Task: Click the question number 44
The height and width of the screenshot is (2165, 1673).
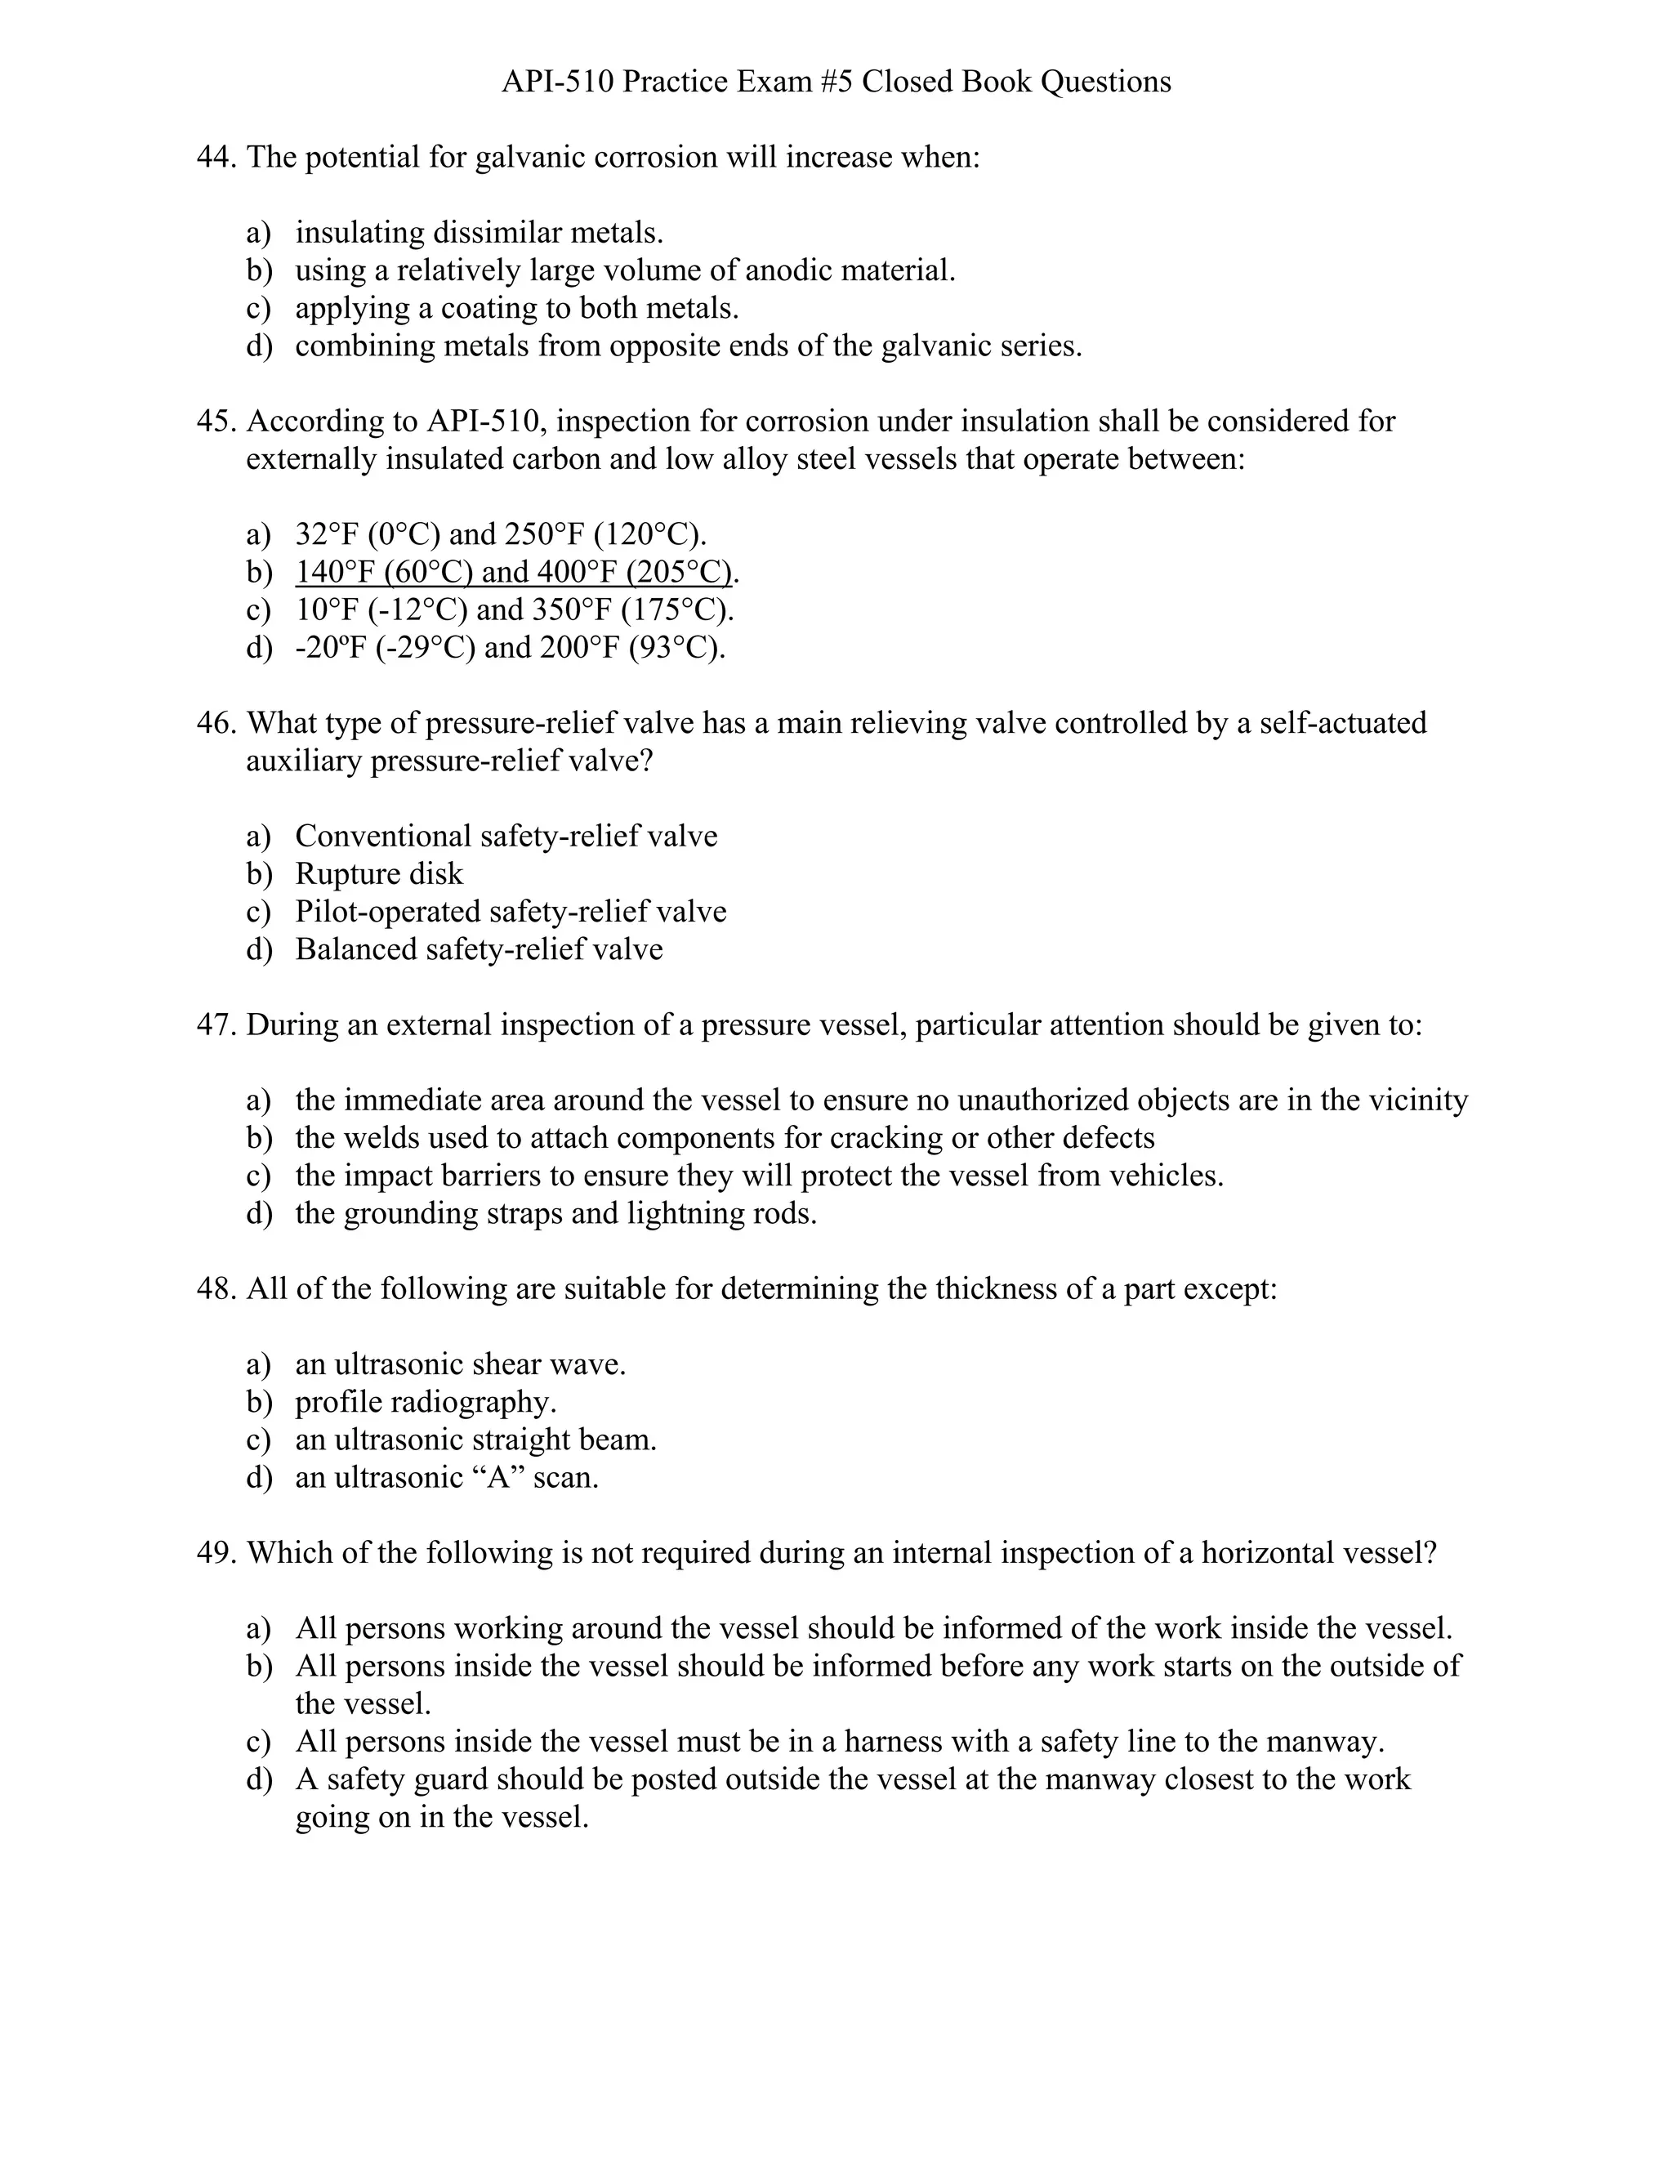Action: point(215,158)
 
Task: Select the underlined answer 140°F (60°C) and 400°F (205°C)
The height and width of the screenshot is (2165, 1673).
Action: point(515,572)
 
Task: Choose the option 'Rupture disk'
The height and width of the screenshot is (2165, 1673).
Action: point(378,873)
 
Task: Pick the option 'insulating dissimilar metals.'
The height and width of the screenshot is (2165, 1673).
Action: point(479,233)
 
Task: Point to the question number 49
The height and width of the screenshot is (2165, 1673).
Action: point(215,1552)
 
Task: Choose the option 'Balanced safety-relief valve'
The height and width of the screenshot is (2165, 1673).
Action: point(479,949)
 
